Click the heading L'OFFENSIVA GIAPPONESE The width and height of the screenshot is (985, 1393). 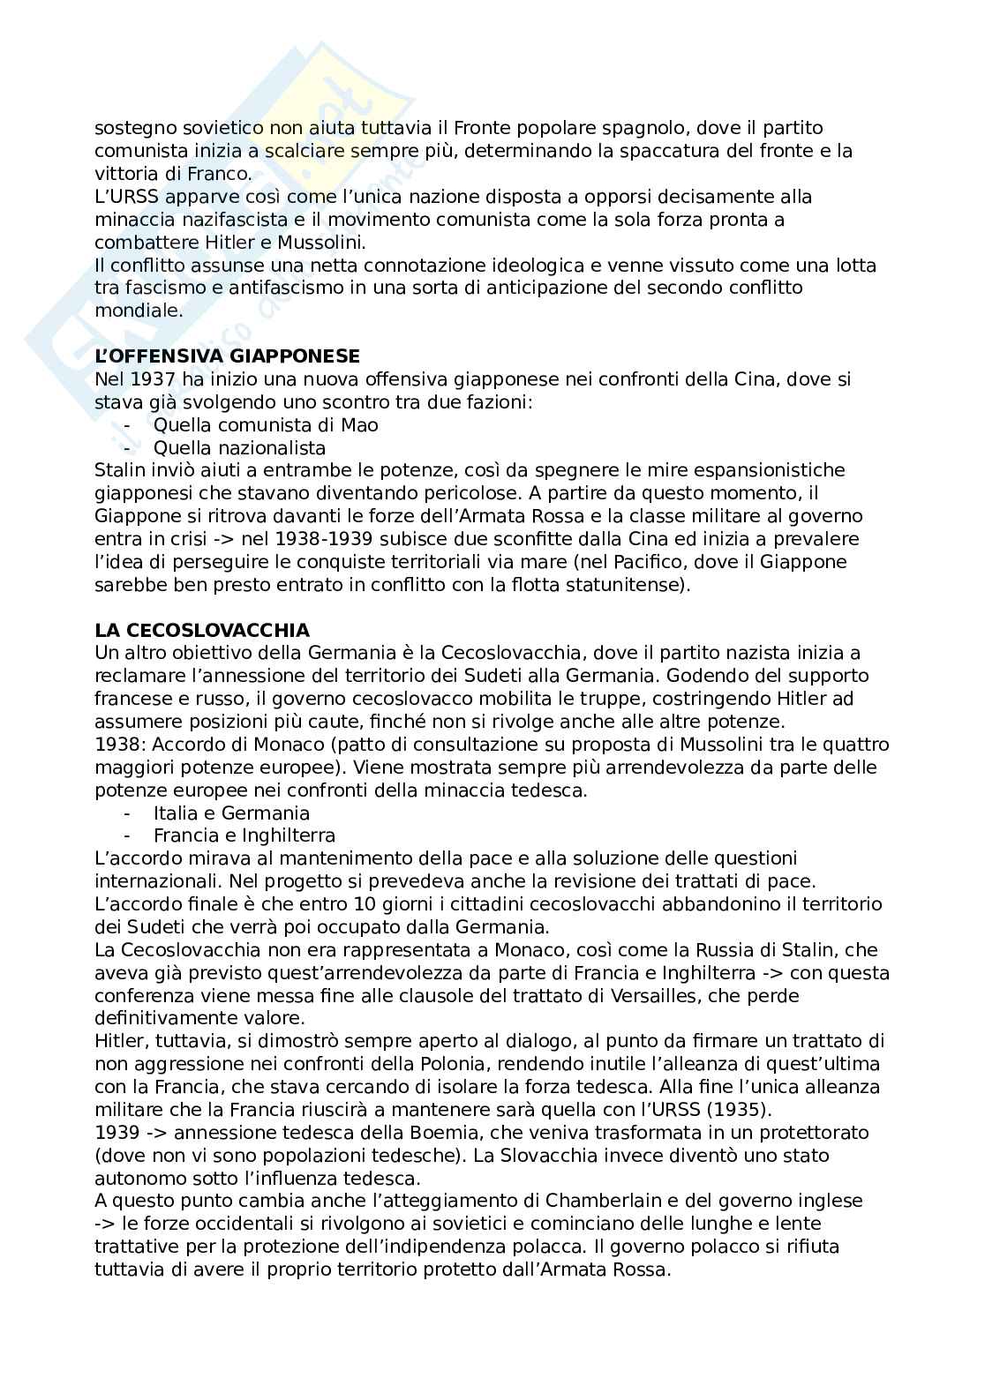[227, 356]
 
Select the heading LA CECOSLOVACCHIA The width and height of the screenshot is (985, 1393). [202, 630]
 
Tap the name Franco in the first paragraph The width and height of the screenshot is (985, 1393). [225, 173]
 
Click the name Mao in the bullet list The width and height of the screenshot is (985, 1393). [360, 425]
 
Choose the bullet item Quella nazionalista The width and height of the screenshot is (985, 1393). [239, 448]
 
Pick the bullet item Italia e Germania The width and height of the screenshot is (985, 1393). [231, 813]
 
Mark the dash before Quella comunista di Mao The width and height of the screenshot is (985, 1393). [129, 425]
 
